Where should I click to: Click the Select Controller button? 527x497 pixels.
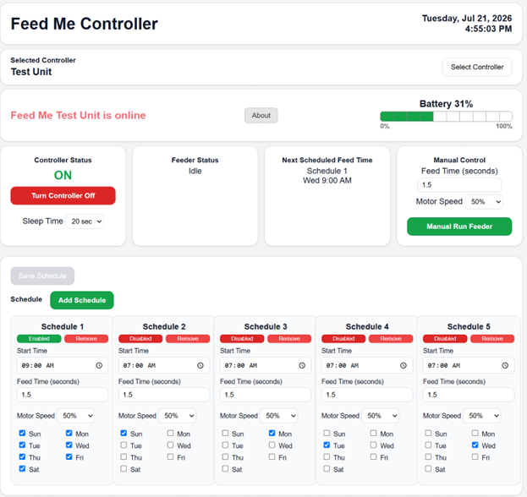(477, 67)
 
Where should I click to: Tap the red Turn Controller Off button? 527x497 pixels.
(63, 195)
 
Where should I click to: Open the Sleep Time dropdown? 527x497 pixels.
(85, 221)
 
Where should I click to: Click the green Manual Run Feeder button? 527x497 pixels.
(459, 227)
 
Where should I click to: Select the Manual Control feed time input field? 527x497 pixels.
(459, 185)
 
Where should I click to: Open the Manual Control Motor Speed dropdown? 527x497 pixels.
(484, 202)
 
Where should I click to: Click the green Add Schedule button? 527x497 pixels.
(82, 300)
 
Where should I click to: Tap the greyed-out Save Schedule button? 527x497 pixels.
(42, 276)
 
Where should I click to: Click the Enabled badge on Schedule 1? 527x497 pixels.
(39, 338)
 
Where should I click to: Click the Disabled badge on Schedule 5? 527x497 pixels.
(445, 338)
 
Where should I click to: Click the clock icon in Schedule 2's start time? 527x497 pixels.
(200, 365)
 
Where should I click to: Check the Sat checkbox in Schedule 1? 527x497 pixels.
(22, 468)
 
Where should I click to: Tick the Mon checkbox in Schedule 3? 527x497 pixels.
(272, 434)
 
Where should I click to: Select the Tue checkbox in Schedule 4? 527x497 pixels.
(327, 445)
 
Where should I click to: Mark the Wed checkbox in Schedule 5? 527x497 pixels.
(475, 445)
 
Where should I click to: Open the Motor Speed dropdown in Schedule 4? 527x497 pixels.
(381, 416)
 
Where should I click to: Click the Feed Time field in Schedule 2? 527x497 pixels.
(164, 395)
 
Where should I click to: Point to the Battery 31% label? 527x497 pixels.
(446, 104)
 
